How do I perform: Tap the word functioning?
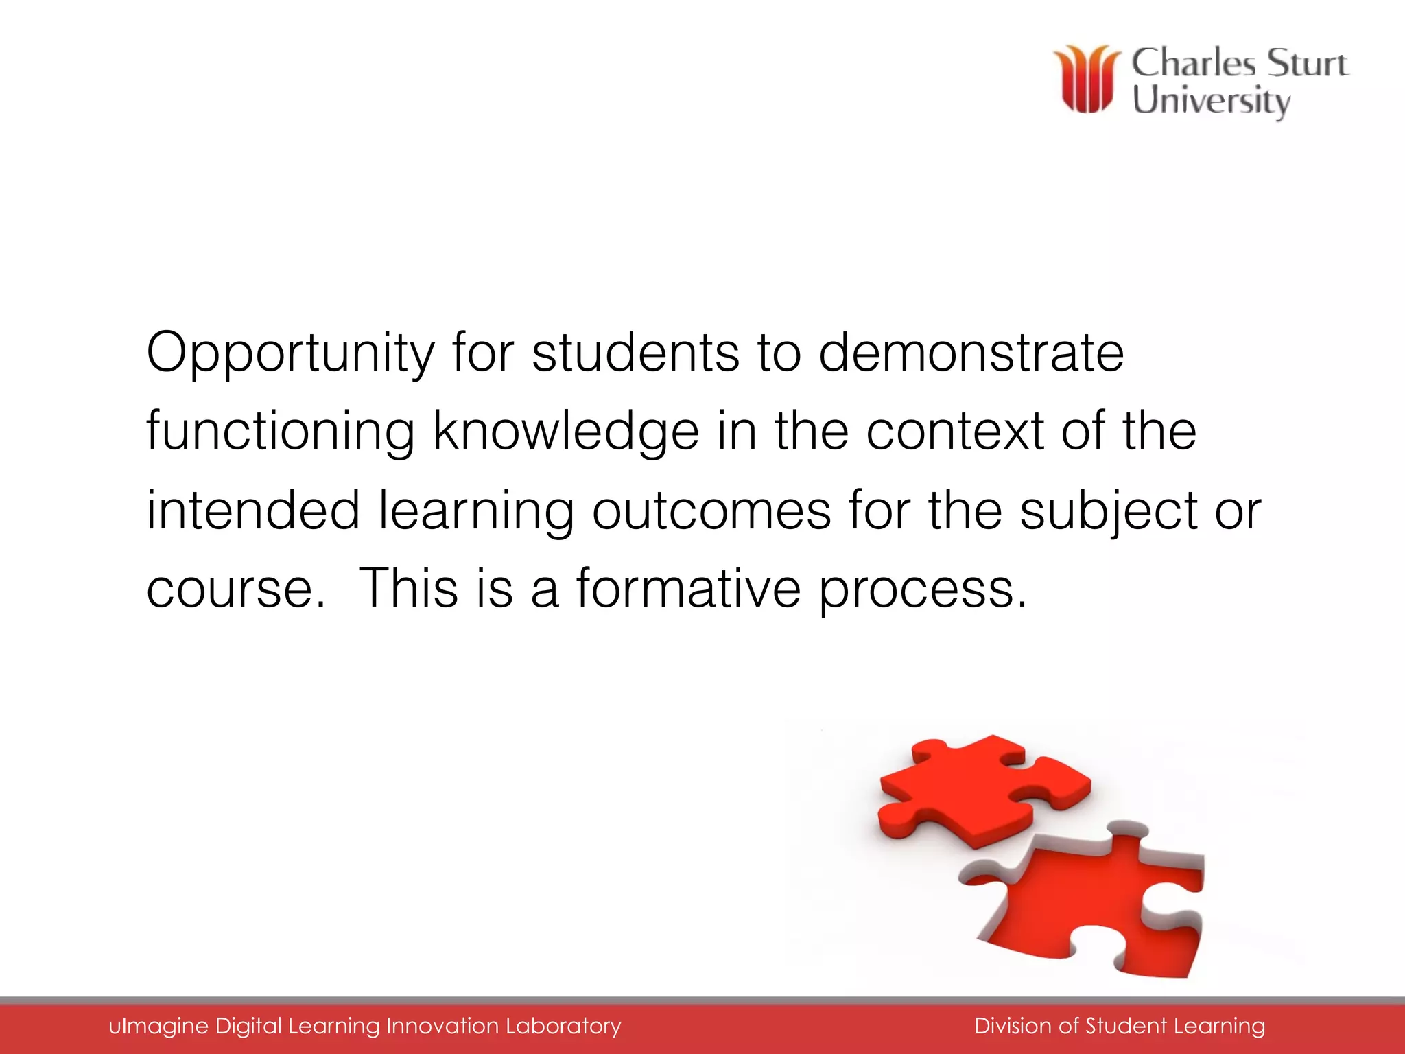coord(280,432)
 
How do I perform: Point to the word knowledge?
coord(566,432)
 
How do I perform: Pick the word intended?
coord(253,511)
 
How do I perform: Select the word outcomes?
coord(711,512)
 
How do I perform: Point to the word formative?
coord(688,589)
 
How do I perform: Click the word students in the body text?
coord(635,353)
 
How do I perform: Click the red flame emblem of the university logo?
coord(1087,79)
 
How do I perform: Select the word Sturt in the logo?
coord(1306,63)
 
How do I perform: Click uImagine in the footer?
coord(158,1027)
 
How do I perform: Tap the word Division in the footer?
coord(1012,1026)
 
